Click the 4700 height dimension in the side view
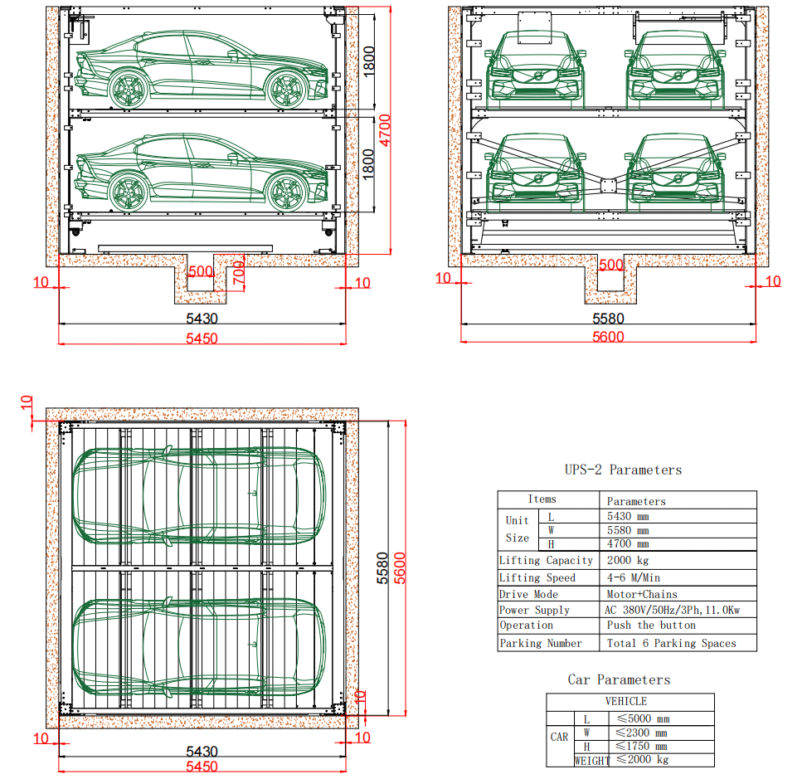[x=386, y=131]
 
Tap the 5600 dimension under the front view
[x=608, y=336]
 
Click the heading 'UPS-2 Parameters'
[x=623, y=470]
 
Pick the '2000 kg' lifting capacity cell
[x=627, y=561]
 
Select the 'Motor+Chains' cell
[x=641, y=594]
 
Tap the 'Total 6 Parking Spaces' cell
[x=670, y=643]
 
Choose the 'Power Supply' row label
[x=535, y=610]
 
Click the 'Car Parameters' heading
[x=618, y=679]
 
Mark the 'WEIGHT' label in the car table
[x=591, y=760]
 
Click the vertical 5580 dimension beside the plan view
[x=383, y=568]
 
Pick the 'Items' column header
[x=542, y=499]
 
